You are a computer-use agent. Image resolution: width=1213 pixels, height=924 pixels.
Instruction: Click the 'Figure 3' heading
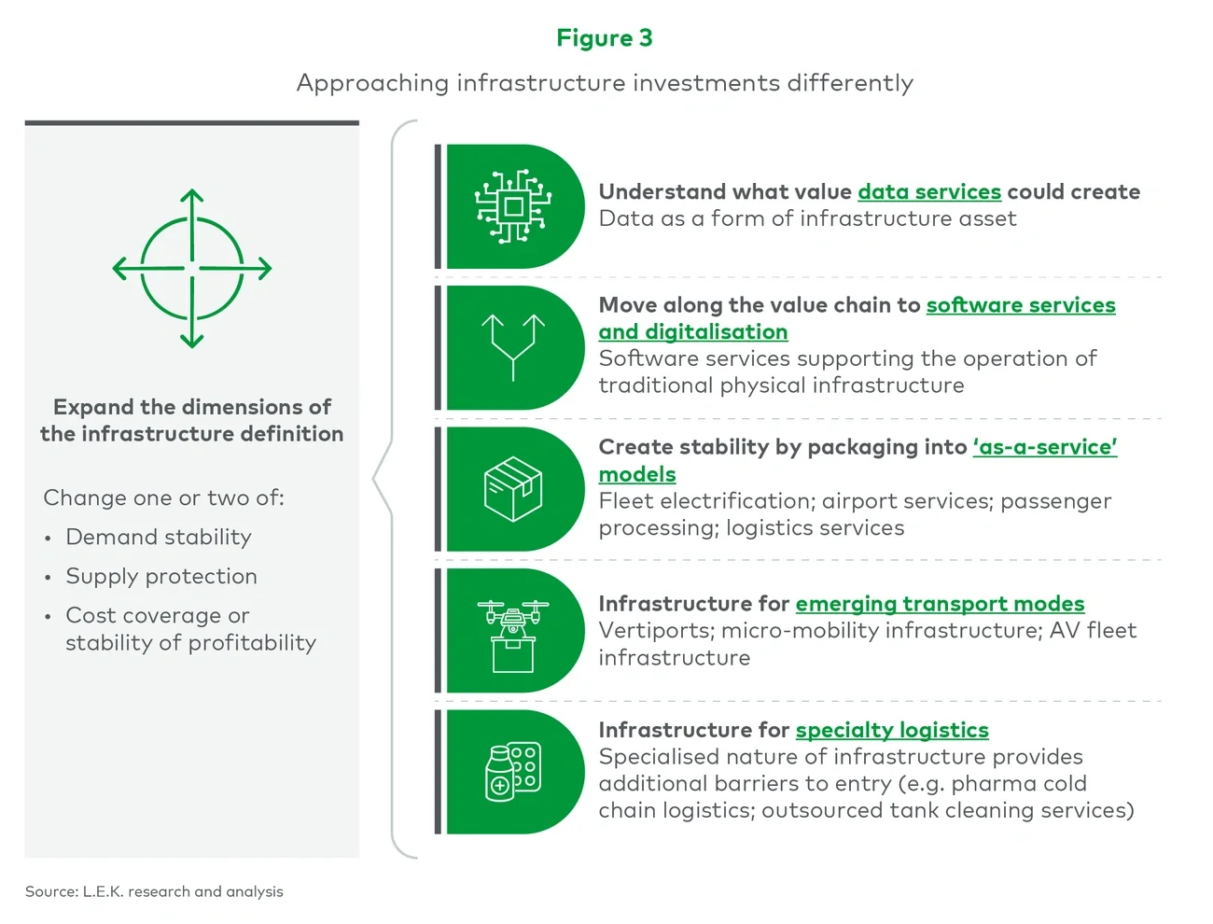[604, 38]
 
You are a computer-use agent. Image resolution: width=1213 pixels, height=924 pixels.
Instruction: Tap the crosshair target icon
[192, 269]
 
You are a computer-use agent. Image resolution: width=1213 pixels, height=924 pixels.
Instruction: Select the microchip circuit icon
[512, 207]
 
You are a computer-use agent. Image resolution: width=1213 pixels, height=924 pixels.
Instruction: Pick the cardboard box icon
[512, 489]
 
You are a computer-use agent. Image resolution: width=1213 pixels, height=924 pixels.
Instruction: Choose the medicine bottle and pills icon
[512, 772]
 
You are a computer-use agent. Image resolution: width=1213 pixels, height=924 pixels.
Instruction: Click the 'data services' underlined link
[928, 191]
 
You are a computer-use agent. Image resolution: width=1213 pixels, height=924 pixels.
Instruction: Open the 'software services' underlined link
[1020, 305]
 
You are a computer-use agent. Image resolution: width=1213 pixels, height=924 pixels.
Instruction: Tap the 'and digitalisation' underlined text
[692, 332]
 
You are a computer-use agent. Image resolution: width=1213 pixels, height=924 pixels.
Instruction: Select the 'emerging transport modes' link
[940, 604]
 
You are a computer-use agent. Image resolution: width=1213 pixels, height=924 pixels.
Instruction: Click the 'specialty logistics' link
[891, 730]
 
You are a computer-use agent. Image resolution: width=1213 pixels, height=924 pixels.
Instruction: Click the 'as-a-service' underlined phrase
[1044, 447]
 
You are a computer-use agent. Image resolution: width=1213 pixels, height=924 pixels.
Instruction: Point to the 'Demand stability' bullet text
[159, 538]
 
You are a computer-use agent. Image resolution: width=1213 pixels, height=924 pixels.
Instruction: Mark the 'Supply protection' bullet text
[161, 577]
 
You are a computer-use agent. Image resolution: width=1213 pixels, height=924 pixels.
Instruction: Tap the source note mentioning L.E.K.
[154, 891]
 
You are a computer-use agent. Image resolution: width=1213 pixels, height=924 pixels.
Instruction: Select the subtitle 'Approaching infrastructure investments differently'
[605, 83]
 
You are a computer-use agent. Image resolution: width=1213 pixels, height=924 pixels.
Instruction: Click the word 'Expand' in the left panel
[93, 407]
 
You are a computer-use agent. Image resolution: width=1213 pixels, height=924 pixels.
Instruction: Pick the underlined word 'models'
[637, 474]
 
